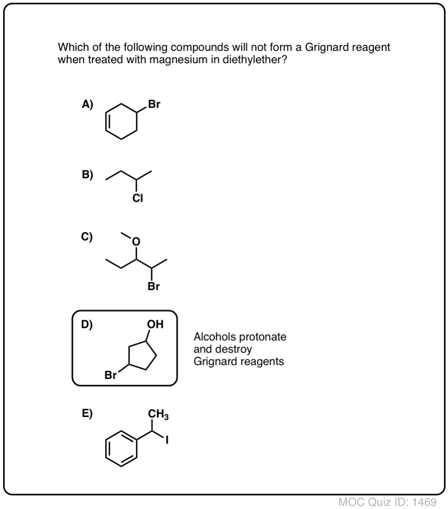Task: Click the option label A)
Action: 87,104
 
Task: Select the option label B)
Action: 87,175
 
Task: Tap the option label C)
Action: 87,237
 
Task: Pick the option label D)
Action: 87,324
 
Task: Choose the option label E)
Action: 87,413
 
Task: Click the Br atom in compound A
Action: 154,104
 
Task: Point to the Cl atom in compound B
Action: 138,198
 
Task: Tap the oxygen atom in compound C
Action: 136,242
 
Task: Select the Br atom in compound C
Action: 154,286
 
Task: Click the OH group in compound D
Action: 155,324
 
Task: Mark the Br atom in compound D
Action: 110,375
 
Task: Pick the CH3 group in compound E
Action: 158,414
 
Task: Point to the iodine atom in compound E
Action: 167,440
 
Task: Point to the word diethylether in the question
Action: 255,60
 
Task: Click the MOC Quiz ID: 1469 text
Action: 387,502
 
